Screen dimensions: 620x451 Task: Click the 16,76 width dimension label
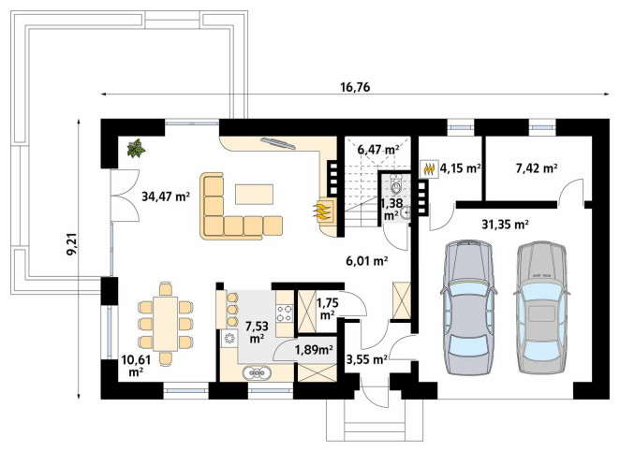pyautogui.click(x=355, y=87)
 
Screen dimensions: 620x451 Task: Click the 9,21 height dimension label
pyautogui.click(x=72, y=245)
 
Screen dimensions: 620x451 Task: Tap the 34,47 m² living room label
pyautogui.click(x=166, y=196)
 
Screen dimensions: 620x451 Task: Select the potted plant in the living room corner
pyautogui.click(x=136, y=148)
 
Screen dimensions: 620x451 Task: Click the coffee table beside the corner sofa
pyautogui.click(x=254, y=195)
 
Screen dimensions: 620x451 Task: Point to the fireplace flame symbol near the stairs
pyautogui.click(x=322, y=211)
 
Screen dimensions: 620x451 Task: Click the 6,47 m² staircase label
pyautogui.click(x=378, y=150)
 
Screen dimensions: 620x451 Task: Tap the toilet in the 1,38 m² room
pyautogui.click(x=396, y=184)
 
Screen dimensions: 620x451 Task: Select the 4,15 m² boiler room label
pyautogui.click(x=460, y=168)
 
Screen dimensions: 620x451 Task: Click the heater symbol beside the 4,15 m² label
pyautogui.click(x=430, y=169)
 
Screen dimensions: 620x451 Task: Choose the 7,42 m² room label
pyautogui.click(x=537, y=168)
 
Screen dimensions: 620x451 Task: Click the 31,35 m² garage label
pyautogui.click(x=506, y=225)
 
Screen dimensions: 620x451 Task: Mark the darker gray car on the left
pyautogui.click(x=468, y=307)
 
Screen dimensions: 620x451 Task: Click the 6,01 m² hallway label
pyautogui.click(x=367, y=261)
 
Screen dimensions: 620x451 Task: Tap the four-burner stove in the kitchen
pyautogui.click(x=285, y=313)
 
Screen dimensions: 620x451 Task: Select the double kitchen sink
pyautogui.click(x=257, y=372)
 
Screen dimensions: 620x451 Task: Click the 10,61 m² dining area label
pyautogui.click(x=136, y=366)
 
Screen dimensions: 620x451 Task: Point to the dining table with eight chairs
pyautogui.click(x=165, y=324)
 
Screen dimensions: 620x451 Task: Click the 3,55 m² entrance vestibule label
pyautogui.click(x=366, y=359)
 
